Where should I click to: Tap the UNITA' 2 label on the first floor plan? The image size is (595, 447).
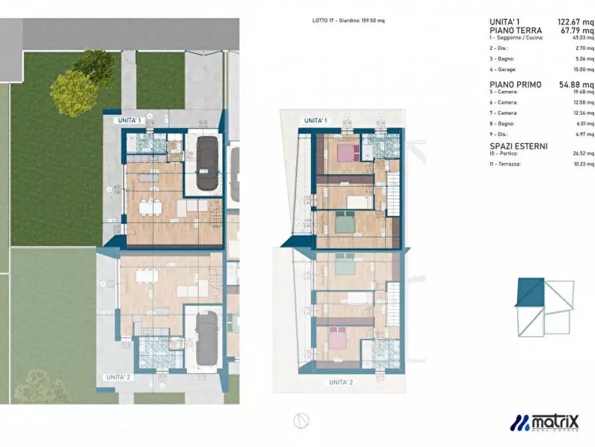click(341, 382)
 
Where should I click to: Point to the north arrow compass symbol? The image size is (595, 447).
click(300, 420)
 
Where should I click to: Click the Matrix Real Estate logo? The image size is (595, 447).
click(544, 422)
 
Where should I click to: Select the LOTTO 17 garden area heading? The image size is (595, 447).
click(348, 21)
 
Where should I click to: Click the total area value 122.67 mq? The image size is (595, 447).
click(576, 22)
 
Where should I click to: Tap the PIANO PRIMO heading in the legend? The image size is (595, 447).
click(516, 85)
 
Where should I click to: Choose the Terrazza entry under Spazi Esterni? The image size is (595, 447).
click(508, 163)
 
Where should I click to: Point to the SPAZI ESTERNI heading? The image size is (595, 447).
click(518, 146)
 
